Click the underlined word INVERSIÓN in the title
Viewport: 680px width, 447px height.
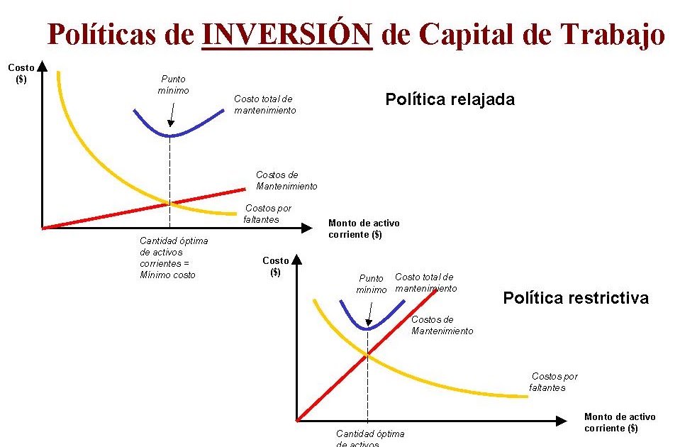(287, 33)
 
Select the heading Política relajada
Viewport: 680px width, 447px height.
(450, 99)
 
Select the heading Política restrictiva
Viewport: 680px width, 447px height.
(575, 298)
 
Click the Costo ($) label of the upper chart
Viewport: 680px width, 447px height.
(21, 73)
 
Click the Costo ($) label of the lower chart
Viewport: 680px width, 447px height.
(275, 266)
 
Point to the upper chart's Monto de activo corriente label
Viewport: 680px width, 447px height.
(364, 228)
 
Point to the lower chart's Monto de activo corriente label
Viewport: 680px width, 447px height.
(619, 422)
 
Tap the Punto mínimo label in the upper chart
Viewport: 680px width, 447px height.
(173, 85)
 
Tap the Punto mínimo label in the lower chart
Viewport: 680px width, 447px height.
(372, 284)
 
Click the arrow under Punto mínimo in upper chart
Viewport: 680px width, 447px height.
(171, 114)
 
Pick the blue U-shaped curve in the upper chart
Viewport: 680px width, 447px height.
(170, 133)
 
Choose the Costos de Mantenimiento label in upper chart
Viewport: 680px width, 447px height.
(286, 181)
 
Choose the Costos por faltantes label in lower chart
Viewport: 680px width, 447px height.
(553, 382)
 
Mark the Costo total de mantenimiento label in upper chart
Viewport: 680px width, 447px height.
(264, 105)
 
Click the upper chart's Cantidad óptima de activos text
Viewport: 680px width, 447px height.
(174, 258)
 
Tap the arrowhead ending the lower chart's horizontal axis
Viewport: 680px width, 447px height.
(565, 420)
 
